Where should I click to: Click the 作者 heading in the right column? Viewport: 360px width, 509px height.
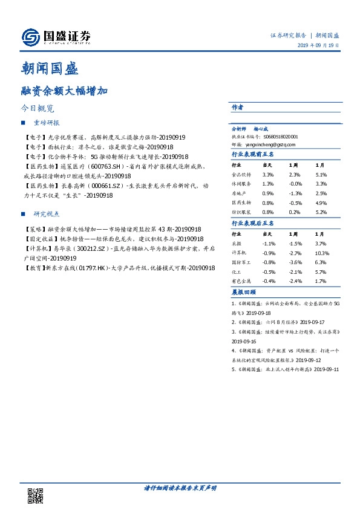[x=237, y=107]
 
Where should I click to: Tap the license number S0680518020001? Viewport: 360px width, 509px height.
[x=277, y=137]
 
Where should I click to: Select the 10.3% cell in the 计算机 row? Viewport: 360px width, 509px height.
[x=321, y=253]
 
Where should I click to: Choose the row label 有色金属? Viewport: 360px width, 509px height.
[x=241, y=281]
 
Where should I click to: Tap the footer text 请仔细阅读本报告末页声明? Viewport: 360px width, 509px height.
[x=180, y=487]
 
